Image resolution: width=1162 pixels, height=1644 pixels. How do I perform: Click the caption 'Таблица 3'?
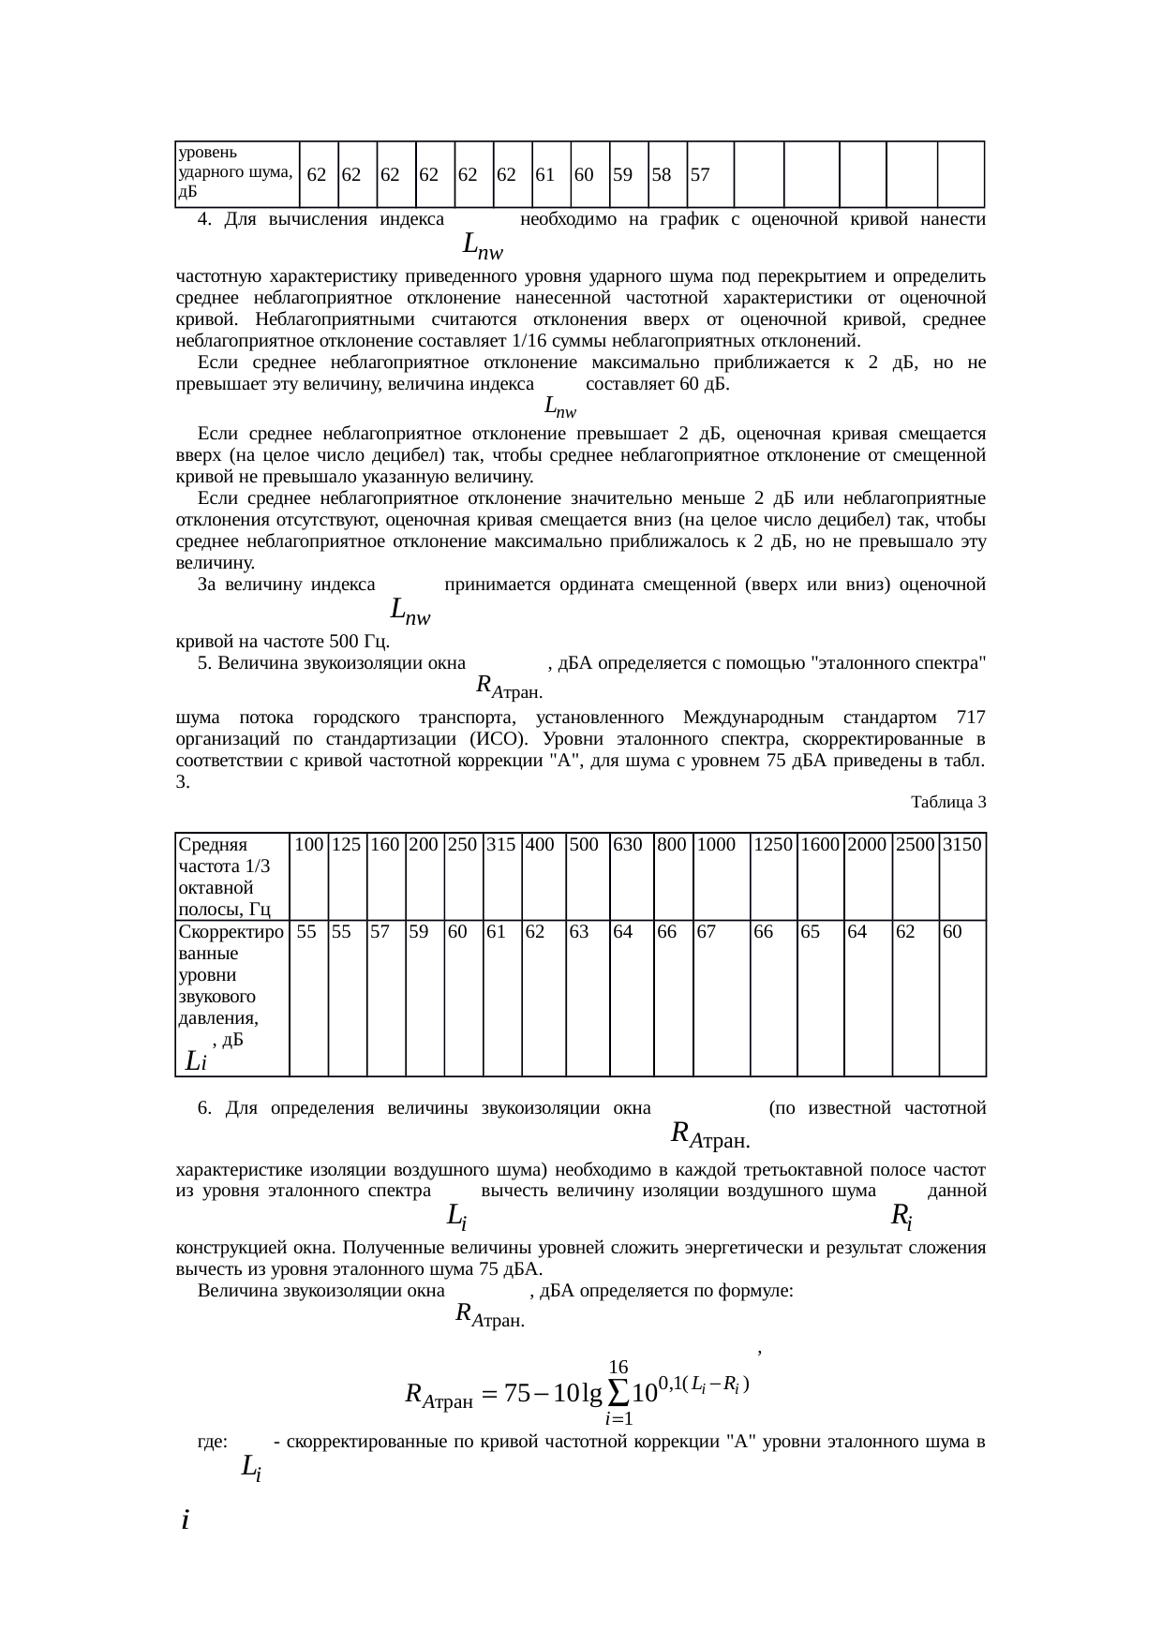pos(948,803)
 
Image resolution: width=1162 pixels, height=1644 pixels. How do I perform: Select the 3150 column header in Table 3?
pos(961,845)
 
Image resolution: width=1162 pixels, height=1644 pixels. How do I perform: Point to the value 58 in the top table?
pos(661,175)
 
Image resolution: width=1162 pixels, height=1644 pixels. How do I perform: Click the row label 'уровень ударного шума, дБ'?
pos(234,173)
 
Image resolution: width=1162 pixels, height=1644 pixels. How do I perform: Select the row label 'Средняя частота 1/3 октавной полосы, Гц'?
pos(226,876)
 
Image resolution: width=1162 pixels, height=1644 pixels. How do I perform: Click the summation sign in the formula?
pos(618,1393)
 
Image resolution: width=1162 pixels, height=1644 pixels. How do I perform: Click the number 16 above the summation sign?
pos(618,1368)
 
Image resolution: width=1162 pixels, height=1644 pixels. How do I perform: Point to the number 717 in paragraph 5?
pos(971,718)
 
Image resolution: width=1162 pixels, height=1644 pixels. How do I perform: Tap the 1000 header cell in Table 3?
pos(716,845)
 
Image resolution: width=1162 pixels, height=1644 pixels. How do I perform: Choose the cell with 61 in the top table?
pos(544,175)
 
